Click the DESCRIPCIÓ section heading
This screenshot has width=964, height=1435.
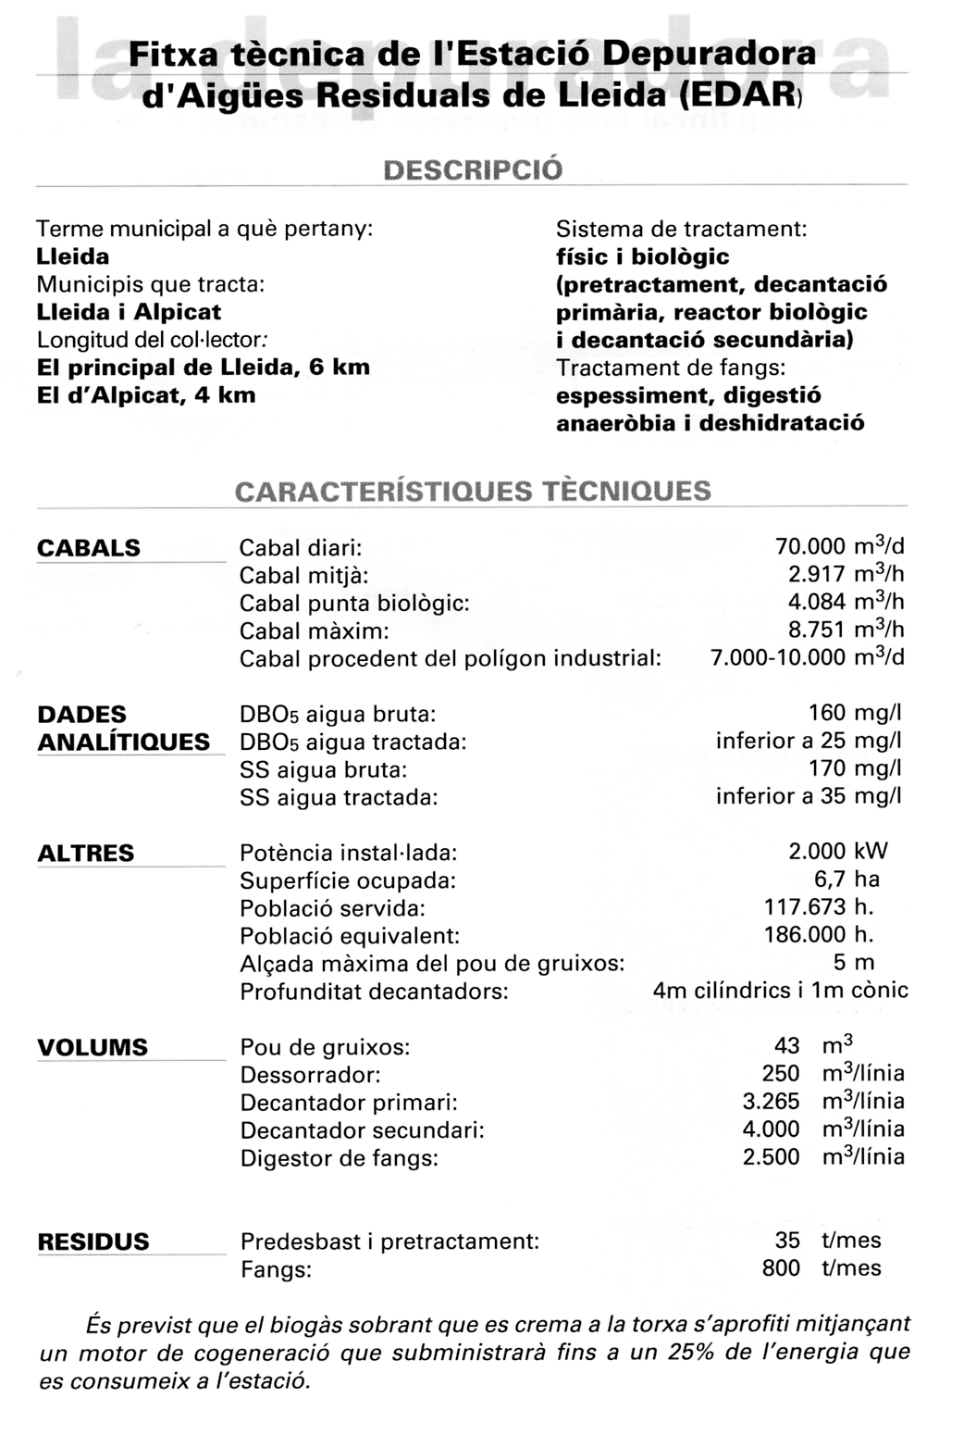(x=472, y=170)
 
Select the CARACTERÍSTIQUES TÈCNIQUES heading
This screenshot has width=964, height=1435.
(x=473, y=491)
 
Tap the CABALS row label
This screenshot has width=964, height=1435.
(x=89, y=548)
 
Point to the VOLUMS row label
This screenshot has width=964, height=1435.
(x=93, y=1047)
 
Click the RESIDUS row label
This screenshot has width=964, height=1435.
(x=93, y=1242)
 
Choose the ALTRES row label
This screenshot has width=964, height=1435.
(x=86, y=853)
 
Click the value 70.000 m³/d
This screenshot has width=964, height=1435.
(x=839, y=546)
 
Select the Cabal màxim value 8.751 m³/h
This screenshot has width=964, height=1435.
(x=846, y=630)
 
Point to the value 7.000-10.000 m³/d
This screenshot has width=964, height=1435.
(x=807, y=657)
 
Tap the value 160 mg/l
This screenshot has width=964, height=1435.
(x=854, y=713)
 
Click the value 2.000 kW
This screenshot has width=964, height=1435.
(x=837, y=852)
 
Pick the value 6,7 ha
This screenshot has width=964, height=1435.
(x=847, y=880)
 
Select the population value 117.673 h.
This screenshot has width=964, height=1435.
(x=819, y=907)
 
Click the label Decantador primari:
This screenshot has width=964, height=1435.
(x=349, y=1103)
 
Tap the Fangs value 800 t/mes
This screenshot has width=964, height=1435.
(x=822, y=1268)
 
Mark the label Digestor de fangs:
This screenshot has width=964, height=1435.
(x=339, y=1158)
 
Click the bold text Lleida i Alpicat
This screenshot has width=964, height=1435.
(x=129, y=312)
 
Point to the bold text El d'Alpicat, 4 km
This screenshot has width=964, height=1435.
(x=146, y=395)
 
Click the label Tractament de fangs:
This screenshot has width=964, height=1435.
(x=671, y=368)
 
